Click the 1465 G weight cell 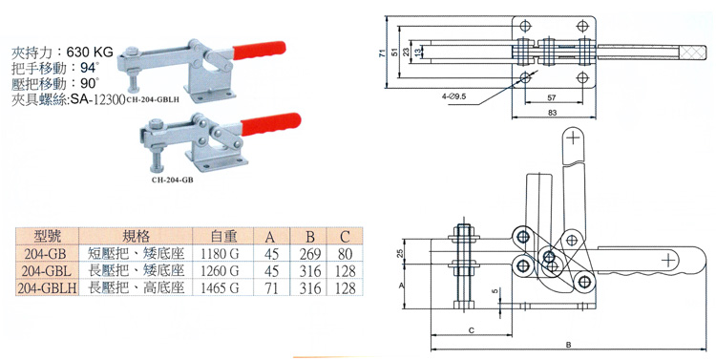pyautogui.click(x=220, y=288)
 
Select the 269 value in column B pyautogui.click(x=310, y=254)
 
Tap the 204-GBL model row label pyautogui.click(x=47, y=271)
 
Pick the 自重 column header pyautogui.click(x=223, y=236)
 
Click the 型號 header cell pyautogui.click(x=47, y=236)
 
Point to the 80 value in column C pyautogui.click(x=345, y=254)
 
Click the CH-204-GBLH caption pyautogui.click(x=153, y=100)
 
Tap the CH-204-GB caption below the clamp pyautogui.click(x=172, y=180)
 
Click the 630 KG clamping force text pyautogui.click(x=90, y=52)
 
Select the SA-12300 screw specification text pyautogui.click(x=96, y=99)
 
